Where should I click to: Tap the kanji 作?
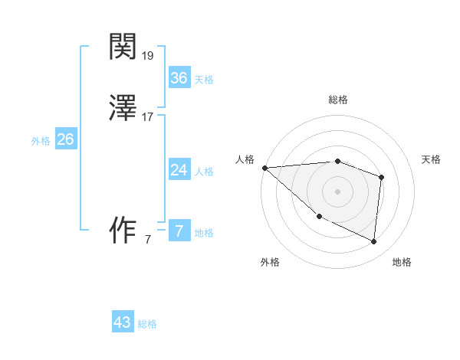[123, 230]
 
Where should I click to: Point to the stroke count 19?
[148, 55]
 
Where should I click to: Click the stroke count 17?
[148, 117]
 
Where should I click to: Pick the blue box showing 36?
[179, 77]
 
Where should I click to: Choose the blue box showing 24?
[179, 169]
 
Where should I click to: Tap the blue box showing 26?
[65, 139]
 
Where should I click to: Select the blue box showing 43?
[122, 322]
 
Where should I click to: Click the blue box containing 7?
[179, 231]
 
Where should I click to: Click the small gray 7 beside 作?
[148, 240]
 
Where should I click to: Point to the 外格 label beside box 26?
[41, 141]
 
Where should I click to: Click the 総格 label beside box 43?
[147, 324]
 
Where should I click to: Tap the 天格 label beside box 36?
[204, 79]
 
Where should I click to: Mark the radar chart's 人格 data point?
[264, 168]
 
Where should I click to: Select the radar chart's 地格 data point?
[373, 241]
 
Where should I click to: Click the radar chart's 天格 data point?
[381, 177]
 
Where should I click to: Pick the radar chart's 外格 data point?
[319, 216]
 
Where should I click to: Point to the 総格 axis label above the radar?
[338, 100]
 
